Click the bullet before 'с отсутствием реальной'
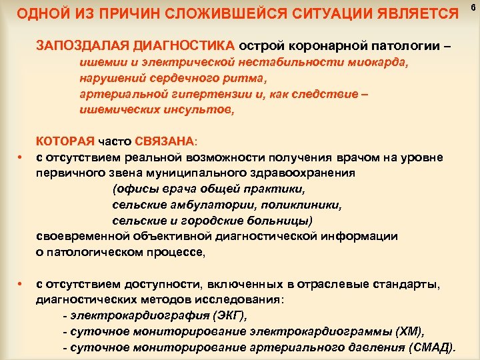click(21, 157)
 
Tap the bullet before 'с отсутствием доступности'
click(21, 285)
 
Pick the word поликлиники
click(303, 205)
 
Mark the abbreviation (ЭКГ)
click(233, 315)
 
